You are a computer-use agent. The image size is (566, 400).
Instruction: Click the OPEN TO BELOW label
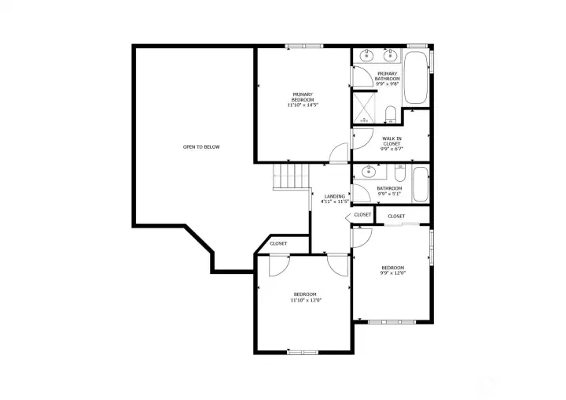click(201, 147)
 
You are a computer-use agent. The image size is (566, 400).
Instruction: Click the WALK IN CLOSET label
click(391, 143)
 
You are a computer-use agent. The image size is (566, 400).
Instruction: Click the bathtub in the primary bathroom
click(416, 79)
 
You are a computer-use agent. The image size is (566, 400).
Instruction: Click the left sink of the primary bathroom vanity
click(366, 56)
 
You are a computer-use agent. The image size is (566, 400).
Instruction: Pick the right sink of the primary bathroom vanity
click(388, 56)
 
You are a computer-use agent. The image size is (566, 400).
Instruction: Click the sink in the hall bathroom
click(367, 172)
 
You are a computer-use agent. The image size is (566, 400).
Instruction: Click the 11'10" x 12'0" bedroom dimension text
click(306, 300)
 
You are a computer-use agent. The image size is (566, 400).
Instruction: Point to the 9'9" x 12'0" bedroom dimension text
click(392, 273)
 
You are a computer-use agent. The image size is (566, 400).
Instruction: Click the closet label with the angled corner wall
click(279, 244)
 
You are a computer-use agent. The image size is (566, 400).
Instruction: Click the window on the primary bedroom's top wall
click(305, 46)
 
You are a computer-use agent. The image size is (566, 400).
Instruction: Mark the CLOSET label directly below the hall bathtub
click(396, 216)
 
